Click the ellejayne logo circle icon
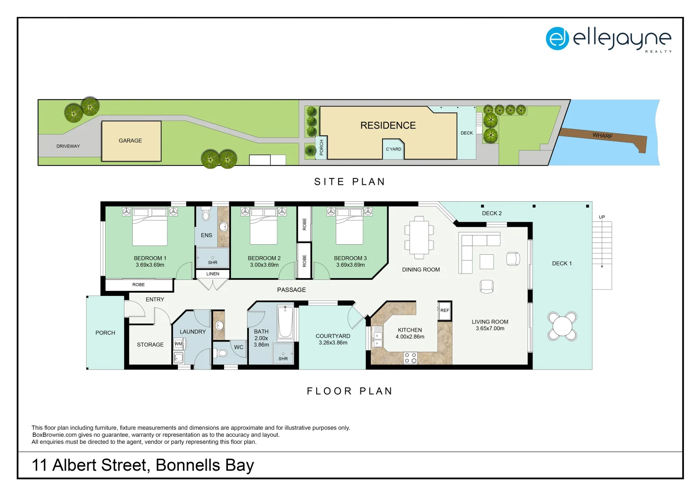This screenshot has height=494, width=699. [x=557, y=39]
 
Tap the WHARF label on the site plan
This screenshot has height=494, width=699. [x=602, y=136]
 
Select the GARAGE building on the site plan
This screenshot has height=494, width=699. [x=131, y=141]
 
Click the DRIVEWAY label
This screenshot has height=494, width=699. [x=68, y=146]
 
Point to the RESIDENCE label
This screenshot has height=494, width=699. [x=388, y=125]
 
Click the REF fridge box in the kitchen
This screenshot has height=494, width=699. [x=445, y=311]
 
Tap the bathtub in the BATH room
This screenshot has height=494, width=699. [x=285, y=322]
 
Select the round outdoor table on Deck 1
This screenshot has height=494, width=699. [x=562, y=326]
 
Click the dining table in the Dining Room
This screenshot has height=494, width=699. [x=419, y=238]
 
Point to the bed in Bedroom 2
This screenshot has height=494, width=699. [x=263, y=226]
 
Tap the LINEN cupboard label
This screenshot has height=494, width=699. [x=213, y=274]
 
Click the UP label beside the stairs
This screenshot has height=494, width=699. [x=602, y=217]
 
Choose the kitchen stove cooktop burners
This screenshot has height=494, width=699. [x=410, y=358]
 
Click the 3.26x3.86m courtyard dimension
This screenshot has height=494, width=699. [x=333, y=343]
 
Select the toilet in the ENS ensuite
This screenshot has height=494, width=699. [x=206, y=214]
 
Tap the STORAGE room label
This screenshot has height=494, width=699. [x=150, y=344]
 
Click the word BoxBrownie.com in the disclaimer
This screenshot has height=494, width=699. [x=54, y=435]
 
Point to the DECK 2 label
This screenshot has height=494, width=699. [x=492, y=214]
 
